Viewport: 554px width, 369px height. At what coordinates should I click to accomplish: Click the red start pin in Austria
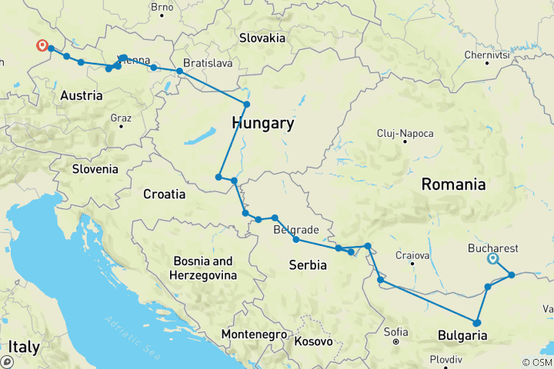42,46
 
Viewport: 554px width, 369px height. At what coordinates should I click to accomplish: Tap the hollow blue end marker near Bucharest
492,259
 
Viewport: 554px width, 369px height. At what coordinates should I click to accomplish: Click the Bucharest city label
493,248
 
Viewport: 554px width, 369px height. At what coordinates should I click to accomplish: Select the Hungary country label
263,123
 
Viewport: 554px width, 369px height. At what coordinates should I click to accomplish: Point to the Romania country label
453,184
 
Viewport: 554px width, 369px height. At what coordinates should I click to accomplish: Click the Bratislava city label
208,62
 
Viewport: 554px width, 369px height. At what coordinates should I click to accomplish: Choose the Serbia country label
307,265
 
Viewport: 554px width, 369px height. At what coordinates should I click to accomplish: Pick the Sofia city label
398,332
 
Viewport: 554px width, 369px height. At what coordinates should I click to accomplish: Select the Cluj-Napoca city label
405,133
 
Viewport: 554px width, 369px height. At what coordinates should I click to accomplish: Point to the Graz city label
121,118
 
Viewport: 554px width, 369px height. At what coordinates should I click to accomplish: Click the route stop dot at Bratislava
180,71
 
